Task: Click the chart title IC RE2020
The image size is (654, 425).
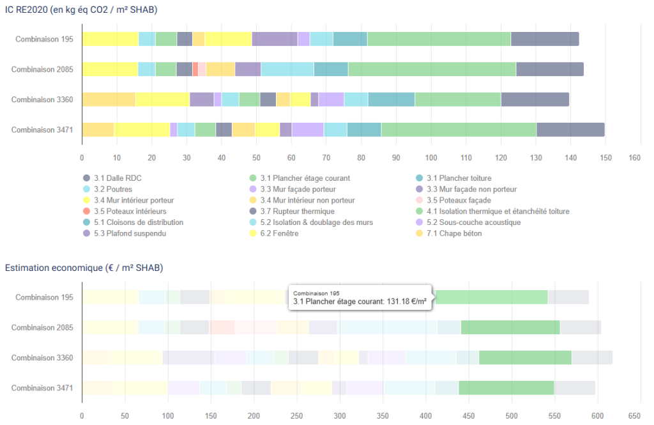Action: click(81, 10)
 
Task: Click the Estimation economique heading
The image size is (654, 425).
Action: click(84, 267)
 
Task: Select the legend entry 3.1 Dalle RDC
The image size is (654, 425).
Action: click(115, 178)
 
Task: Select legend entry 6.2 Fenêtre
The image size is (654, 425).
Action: click(279, 233)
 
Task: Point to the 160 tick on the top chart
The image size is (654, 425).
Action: click(635, 157)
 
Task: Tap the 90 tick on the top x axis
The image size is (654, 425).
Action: click(396, 157)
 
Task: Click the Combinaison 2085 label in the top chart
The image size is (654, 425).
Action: click(42, 70)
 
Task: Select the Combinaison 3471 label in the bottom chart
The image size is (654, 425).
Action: click(42, 388)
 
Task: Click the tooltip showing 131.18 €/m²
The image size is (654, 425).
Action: click(360, 297)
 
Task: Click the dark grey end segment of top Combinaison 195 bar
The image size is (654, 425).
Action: click(545, 39)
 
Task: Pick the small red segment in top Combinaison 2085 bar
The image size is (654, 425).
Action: click(195, 69)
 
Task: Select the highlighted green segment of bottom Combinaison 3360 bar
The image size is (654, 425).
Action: click(525, 357)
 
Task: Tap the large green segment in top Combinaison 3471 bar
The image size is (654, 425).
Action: click(459, 130)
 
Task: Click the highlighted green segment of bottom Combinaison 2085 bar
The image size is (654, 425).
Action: click(510, 327)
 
